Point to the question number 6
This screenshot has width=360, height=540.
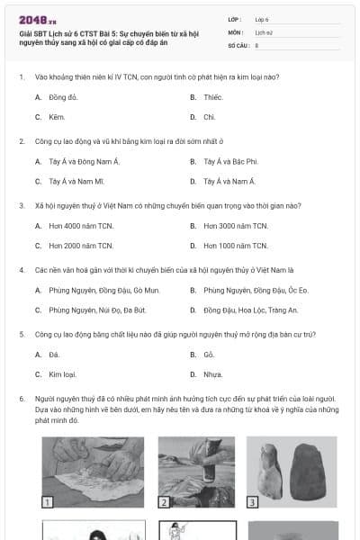21,398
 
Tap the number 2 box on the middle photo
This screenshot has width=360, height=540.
165,502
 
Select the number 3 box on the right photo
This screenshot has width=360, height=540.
253,502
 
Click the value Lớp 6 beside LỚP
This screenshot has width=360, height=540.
263,18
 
